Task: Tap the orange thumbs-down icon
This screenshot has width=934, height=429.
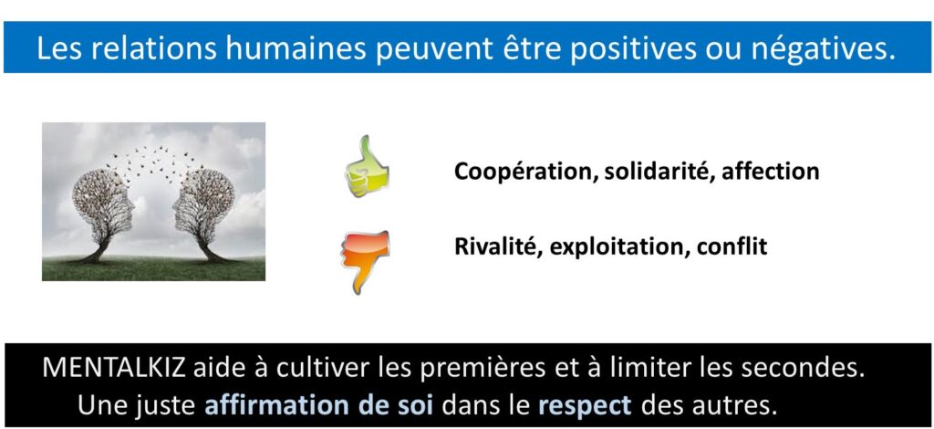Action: point(366,261)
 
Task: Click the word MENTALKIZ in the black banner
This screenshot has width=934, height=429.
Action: point(114,369)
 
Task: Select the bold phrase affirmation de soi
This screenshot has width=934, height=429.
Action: point(319,405)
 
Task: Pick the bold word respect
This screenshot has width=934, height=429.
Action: point(585,406)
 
